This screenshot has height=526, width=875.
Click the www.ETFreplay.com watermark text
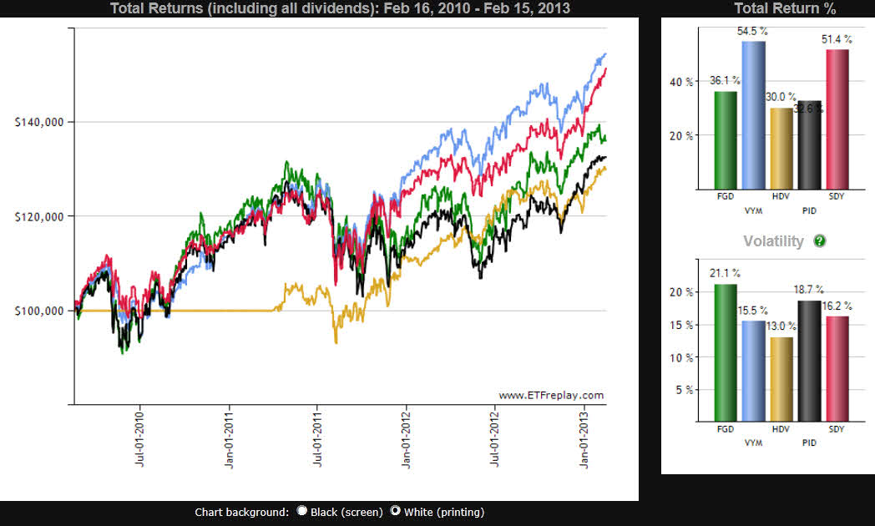pos(551,395)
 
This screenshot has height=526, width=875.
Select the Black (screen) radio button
pos(302,511)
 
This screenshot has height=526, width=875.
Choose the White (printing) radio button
pos(396,511)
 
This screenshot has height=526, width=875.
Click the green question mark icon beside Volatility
pos(819,241)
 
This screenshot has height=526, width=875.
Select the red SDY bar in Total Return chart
pos(837,119)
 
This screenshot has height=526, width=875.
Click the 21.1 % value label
pos(726,274)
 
